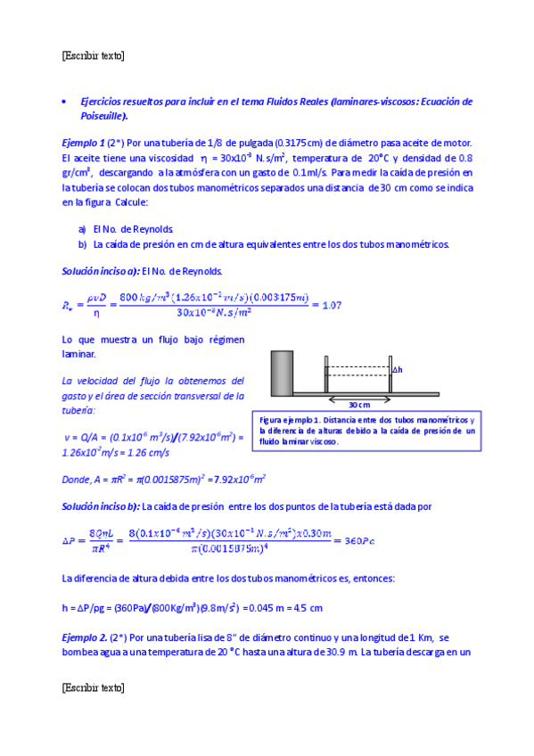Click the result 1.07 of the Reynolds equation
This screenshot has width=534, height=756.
tap(331, 306)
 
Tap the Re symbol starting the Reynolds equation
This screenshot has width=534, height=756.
tap(71, 306)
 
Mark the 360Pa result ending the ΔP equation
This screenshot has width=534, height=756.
tap(357, 541)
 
